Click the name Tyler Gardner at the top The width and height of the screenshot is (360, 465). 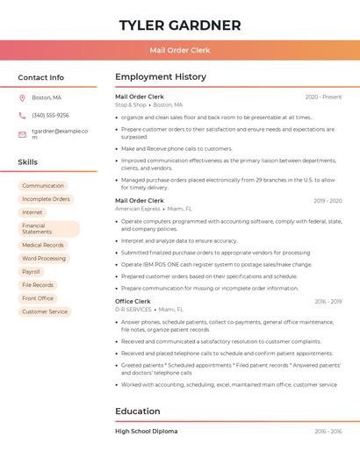pyautogui.click(x=180, y=25)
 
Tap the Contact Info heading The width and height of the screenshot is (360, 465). pyautogui.click(x=40, y=77)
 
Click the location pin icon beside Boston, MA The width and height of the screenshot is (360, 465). pyautogui.click(x=22, y=97)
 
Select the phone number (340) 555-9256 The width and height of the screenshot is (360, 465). pyautogui.click(x=50, y=115)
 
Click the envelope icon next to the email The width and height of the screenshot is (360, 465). pyautogui.click(x=22, y=134)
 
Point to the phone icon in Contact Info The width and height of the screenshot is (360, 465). pyautogui.click(x=22, y=115)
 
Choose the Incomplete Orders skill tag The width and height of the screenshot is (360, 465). pyautogui.click(x=46, y=199)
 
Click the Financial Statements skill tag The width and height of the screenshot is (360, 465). pyautogui.click(x=48, y=228)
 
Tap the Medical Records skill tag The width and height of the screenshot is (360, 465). pyautogui.click(x=43, y=246)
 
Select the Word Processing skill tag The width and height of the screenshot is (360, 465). pyautogui.click(x=44, y=259)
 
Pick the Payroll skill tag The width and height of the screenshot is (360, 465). pyautogui.click(x=32, y=272)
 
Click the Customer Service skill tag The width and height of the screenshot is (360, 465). pyautogui.click(x=45, y=311)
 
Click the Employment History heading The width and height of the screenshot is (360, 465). pyautogui.click(x=161, y=77)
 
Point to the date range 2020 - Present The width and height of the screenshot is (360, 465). pyautogui.click(x=323, y=97)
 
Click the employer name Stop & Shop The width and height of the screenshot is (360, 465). pyautogui.click(x=131, y=104)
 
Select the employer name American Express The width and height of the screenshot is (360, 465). pyautogui.click(x=138, y=209)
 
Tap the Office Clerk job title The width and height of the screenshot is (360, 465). pyautogui.click(x=133, y=301)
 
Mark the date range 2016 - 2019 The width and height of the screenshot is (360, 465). pyautogui.click(x=328, y=301)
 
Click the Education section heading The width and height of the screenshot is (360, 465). pyautogui.click(x=138, y=411)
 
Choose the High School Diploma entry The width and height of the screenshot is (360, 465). pyautogui.click(x=147, y=432)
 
